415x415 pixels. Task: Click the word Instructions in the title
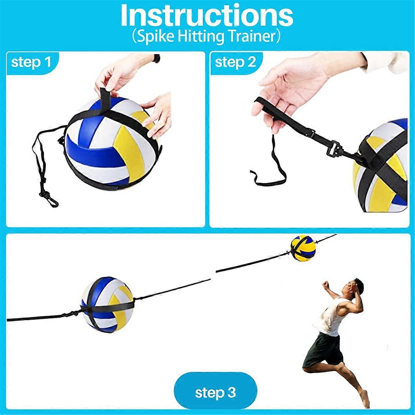207,16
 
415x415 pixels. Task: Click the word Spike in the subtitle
151,36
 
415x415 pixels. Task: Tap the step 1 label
31,63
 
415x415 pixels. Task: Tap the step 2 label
236,63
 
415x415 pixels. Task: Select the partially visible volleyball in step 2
384,173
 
